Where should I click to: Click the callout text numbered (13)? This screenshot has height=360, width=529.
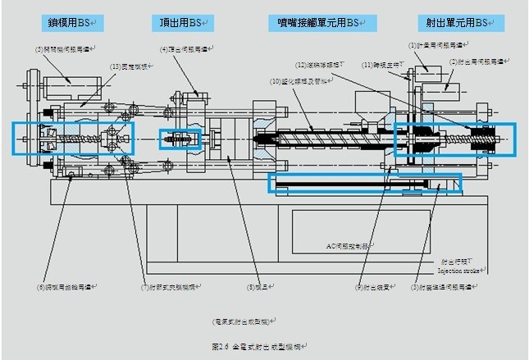pyautogui.click(x=130, y=66)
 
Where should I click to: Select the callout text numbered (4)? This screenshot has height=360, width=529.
pyautogui.click(x=186, y=50)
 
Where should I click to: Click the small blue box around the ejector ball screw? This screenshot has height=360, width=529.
pyautogui.click(x=179, y=139)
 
